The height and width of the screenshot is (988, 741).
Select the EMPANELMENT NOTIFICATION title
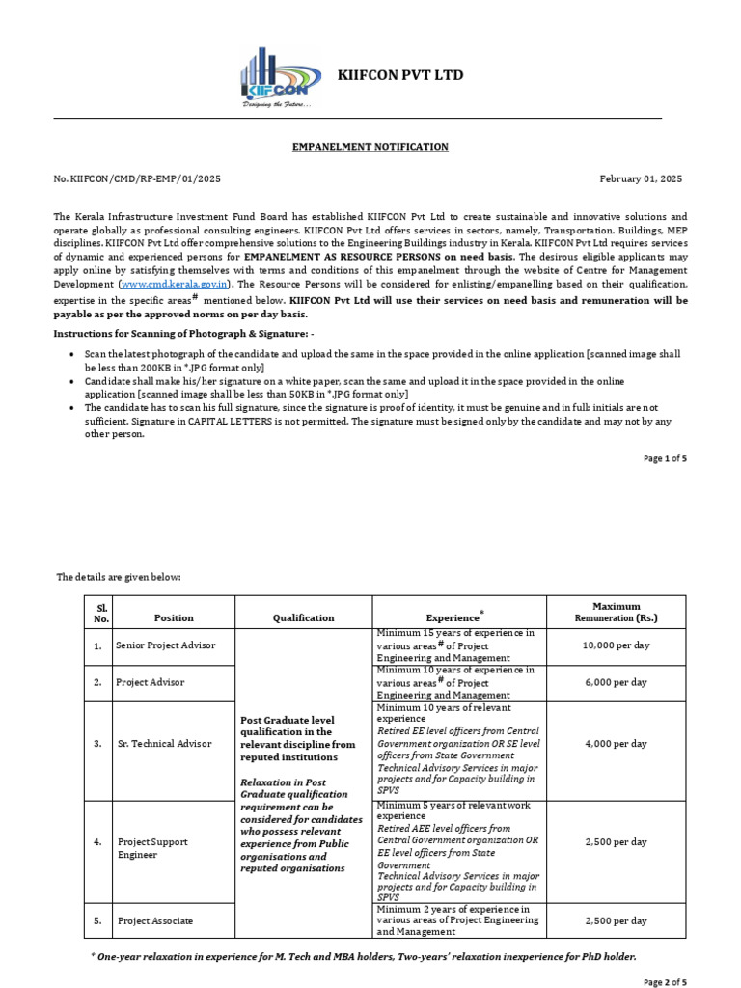[370, 147]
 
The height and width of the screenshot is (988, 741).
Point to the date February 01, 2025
[641, 179]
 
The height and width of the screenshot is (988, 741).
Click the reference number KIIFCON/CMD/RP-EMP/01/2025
[138, 179]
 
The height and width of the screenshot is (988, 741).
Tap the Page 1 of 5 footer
[665, 458]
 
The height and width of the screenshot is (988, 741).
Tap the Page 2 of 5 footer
[665, 982]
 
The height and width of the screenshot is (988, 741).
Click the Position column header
[174, 617]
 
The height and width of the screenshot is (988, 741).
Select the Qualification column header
[303, 617]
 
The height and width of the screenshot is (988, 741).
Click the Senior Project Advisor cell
[165, 645]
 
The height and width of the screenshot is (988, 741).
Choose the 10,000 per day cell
[616, 645]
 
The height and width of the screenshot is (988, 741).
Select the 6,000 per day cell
[616, 682]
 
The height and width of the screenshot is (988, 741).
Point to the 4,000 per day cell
[616, 744]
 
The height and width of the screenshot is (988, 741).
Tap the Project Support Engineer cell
[152, 848]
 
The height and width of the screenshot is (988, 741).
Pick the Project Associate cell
[154, 920]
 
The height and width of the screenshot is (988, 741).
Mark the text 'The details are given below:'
[119, 577]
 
